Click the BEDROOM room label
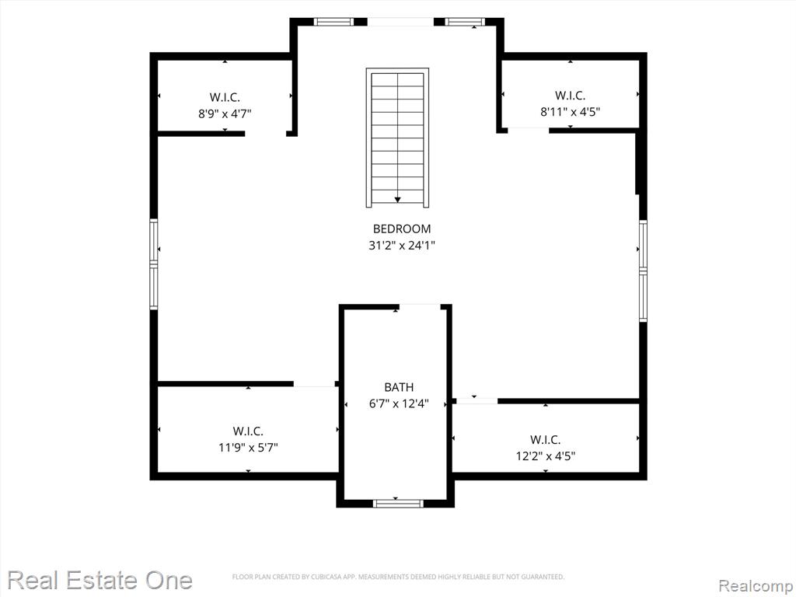[x=402, y=229]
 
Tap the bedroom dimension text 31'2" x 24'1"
[x=402, y=246]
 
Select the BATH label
[x=399, y=387]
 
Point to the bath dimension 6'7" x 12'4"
[x=399, y=404]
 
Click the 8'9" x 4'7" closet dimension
[x=225, y=113]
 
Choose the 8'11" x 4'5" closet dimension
[x=570, y=112]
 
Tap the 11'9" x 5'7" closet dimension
[x=248, y=448]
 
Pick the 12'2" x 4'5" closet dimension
[x=546, y=456]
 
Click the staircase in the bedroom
[x=397, y=138]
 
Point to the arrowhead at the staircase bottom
[x=397, y=200]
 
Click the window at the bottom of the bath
[x=397, y=503]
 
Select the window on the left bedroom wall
[x=153, y=264]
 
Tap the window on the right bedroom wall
[x=643, y=271]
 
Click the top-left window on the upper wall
[x=333, y=22]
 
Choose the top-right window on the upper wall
[x=465, y=22]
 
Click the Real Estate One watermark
[x=100, y=580]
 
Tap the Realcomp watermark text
[x=756, y=586]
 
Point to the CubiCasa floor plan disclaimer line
[x=399, y=577]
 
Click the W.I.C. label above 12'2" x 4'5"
[x=546, y=440]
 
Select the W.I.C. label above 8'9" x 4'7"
[x=225, y=97]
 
